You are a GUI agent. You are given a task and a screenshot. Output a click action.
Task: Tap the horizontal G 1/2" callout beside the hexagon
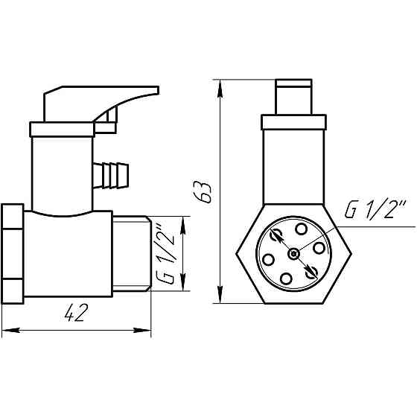(374, 211)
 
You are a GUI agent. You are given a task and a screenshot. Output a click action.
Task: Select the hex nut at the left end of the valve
(13, 253)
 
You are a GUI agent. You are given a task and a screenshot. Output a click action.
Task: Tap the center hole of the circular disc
(296, 253)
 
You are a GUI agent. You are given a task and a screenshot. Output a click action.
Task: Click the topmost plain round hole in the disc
(301, 229)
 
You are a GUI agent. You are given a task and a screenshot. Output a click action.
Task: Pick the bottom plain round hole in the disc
(289, 278)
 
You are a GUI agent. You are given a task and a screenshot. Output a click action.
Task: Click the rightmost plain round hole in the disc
(321, 247)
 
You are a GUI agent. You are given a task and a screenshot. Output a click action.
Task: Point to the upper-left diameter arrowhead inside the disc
(276, 237)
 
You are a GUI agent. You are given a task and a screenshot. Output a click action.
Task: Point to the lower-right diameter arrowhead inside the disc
(314, 271)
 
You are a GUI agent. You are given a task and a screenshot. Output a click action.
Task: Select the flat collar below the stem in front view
(293, 121)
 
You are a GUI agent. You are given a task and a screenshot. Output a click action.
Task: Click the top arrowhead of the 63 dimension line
(220, 84)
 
